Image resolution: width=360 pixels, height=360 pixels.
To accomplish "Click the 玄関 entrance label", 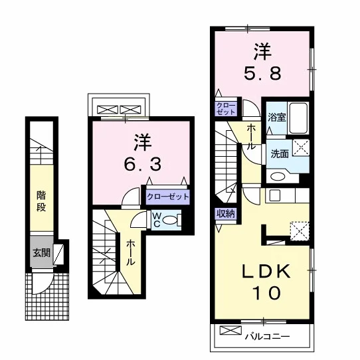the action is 42,253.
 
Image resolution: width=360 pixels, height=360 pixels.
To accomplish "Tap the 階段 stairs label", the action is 41,201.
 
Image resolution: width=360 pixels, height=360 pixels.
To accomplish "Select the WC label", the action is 156,220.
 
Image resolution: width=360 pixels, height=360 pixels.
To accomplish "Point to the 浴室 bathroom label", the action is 277,117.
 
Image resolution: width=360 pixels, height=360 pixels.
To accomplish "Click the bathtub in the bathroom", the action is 298,118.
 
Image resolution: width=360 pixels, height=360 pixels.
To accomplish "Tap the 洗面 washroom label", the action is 280,154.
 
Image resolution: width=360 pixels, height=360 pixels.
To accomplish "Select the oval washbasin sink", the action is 278,176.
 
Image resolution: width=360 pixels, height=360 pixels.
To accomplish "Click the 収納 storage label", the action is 226,213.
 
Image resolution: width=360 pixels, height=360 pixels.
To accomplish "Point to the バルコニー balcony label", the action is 267,337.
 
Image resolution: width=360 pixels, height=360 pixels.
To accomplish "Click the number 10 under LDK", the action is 266,293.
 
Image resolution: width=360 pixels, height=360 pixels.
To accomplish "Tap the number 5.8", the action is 262,74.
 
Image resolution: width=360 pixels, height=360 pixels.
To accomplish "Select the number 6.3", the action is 143,164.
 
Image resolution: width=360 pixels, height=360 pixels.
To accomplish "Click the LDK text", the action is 266,272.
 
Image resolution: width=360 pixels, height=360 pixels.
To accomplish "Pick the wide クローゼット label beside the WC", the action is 168,197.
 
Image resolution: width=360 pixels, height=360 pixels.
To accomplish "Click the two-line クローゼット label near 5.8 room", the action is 226,108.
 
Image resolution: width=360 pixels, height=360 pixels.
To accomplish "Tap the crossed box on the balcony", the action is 230,330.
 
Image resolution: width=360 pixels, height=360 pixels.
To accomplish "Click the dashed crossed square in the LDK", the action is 300,231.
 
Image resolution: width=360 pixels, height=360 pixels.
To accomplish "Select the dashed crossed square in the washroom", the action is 301,147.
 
